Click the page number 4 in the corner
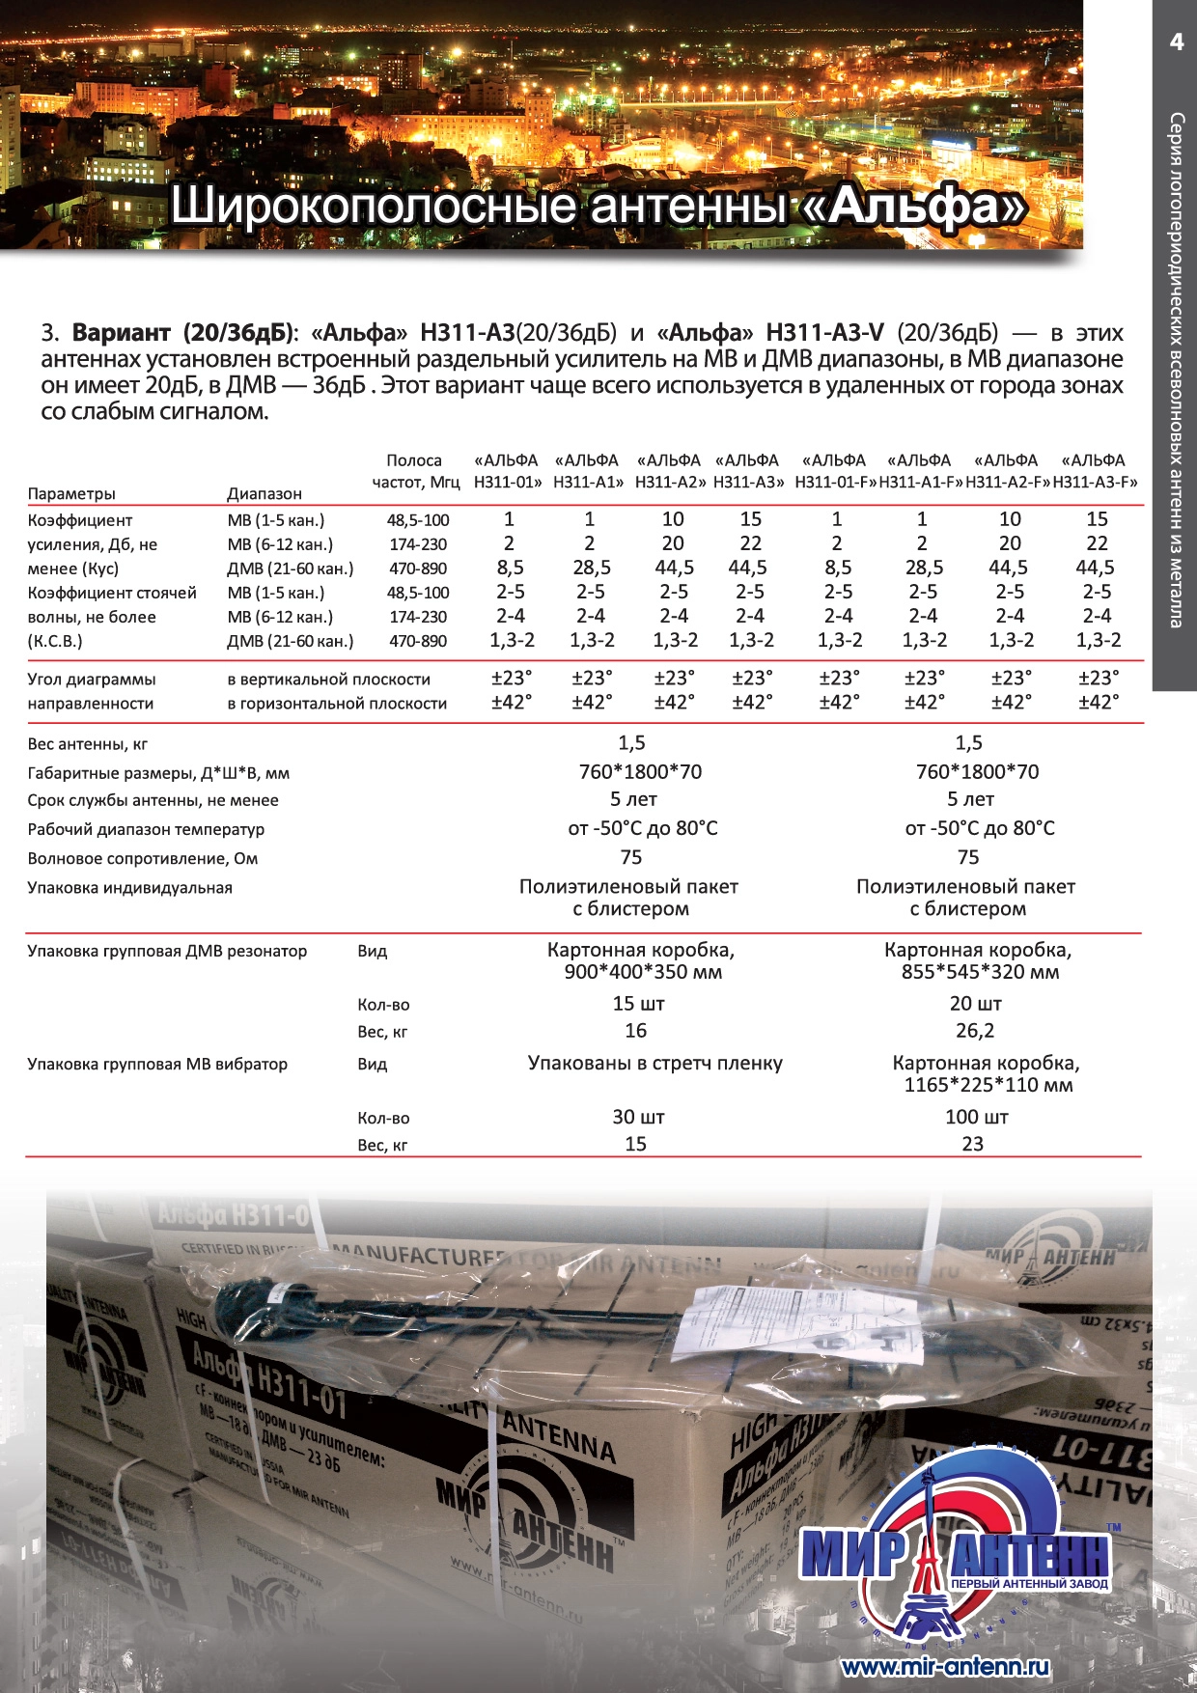[1176, 42]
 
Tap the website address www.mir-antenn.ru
[944, 1667]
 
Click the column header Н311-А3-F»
[1096, 482]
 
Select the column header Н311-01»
[508, 482]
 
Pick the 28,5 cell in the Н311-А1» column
[591, 568]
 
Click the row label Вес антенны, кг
[88, 744]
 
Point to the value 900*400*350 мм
[642, 972]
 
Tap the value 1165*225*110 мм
[988, 1085]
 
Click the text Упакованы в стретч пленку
[654, 1063]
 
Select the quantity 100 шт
[976, 1117]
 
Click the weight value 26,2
[974, 1031]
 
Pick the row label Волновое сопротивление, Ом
[143, 858]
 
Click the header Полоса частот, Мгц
[416, 471]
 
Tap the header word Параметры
[71, 494]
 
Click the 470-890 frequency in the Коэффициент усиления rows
[418, 569]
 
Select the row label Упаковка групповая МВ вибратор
[157, 1064]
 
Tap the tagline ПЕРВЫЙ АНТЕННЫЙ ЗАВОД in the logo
[1029, 1584]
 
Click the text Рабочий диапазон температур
[146, 829]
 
